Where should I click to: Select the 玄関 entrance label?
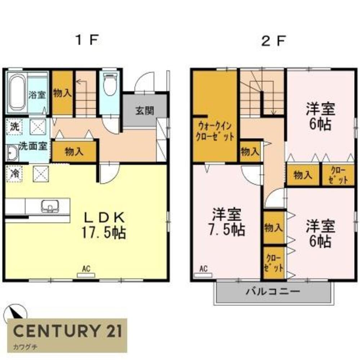[x=145, y=111]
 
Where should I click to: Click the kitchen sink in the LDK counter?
[x=49, y=206]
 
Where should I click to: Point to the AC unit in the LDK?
[x=86, y=275]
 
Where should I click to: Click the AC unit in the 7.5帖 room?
[x=203, y=275]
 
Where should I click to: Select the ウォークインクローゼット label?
[x=215, y=132]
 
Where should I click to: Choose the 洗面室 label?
[x=33, y=146]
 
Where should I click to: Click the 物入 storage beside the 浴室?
[x=62, y=93]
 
